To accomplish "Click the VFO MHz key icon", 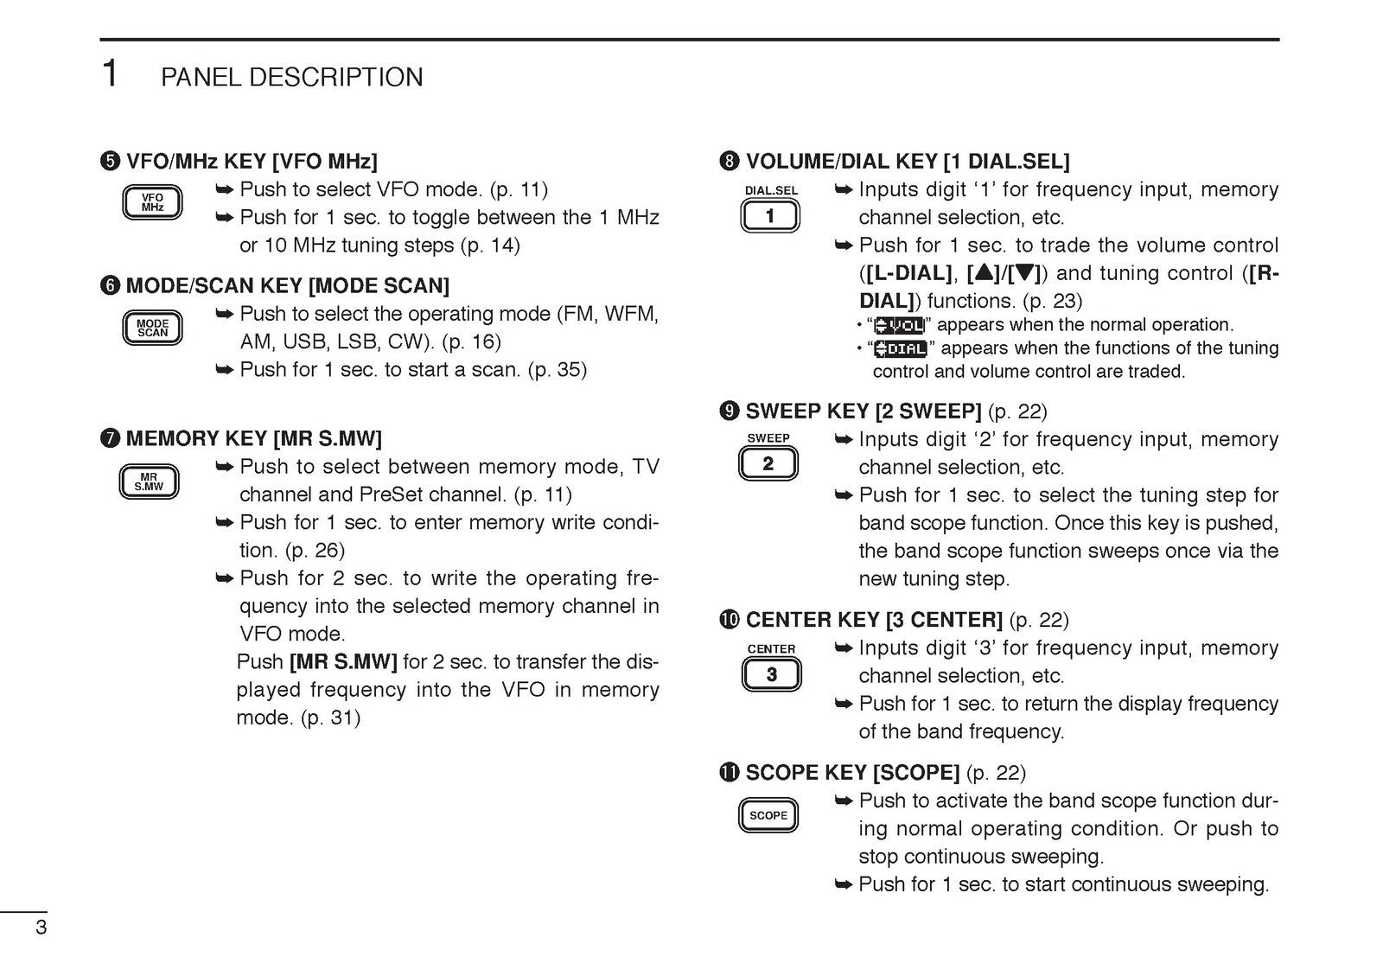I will pyautogui.click(x=152, y=203).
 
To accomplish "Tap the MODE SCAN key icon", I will pyautogui.click(x=152, y=328).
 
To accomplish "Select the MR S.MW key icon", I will pyautogui.click(x=149, y=482).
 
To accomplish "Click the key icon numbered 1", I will pyautogui.click(x=770, y=216).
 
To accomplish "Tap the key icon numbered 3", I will pyautogui.click(x=771, y=674).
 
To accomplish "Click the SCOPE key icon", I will pyautogui.click(x=768, y=815).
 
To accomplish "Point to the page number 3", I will pyautogui.click(x=41, y=929).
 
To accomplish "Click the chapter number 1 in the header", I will pyautogui.click(x=110, y=74).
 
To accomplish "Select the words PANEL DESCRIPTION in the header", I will pyautogui.click(x=292, y=78).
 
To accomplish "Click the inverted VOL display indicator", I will pyautogui.click(x=899, y=325).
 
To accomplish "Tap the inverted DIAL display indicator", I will pyautogui.click(x=900, y=348).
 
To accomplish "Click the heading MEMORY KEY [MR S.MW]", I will pyautogui.click(x=253, y=439).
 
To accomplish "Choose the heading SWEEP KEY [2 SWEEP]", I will pyautogui.click(x=863, y=411).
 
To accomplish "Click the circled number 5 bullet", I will pyautogui.click(x=110, y=162).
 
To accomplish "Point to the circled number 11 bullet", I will pyautogui.click(x=730, y=773).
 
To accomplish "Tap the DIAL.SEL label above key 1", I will pyautogui.click(x=771, y=190).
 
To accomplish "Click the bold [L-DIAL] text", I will pyautogui.click(x=908, y=273).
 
